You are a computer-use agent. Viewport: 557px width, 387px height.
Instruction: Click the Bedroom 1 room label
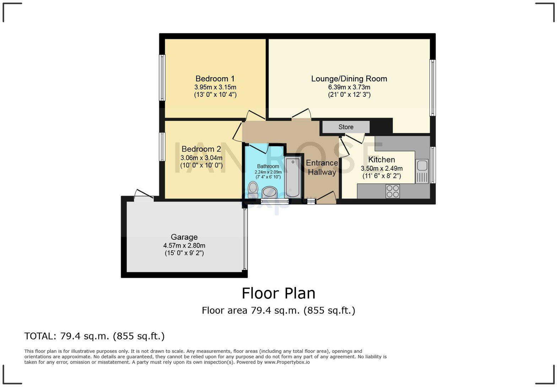click(215, 79)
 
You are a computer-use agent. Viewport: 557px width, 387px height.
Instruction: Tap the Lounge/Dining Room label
click(349, 79)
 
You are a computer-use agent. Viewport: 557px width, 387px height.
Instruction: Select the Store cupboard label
click(346, 127)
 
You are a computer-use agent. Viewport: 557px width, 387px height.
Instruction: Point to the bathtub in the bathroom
click(293, 177)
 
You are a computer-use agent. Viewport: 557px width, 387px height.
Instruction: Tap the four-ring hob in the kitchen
click(393, 191)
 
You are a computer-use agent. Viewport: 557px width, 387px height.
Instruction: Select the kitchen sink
click(422, 166)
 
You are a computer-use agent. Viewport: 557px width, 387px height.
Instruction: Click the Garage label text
click(184, 237)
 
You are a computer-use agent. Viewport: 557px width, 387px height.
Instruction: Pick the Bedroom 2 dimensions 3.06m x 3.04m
click(201, 158)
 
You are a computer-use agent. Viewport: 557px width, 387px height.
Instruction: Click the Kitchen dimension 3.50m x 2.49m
click(382, 168)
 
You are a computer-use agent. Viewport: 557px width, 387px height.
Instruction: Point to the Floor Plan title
click(278, 293)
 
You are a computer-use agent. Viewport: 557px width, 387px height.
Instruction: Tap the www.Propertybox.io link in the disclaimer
click(287, 362)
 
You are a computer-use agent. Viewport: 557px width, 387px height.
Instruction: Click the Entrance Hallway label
click(322, 168)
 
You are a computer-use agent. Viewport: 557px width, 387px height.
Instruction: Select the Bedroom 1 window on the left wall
click(162, 78)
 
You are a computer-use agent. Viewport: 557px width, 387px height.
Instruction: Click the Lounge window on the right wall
click(432, 88)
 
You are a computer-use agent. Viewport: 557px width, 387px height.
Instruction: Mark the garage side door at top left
click(144, 194)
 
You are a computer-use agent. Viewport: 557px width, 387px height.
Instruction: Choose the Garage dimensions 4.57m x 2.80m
click(184, 245)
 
